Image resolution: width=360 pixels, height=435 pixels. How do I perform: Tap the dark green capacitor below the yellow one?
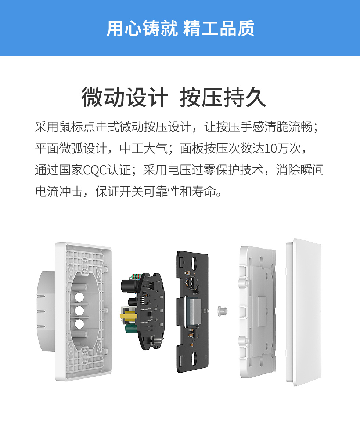130,328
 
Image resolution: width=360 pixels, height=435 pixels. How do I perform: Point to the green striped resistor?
136,276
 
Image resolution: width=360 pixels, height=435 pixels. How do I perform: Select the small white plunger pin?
222,311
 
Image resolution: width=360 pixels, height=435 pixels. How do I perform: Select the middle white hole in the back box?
79,310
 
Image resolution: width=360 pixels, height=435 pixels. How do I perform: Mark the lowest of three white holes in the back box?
79,324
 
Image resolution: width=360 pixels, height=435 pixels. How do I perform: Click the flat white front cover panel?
304,312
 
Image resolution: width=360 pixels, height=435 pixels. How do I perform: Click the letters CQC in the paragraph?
95,170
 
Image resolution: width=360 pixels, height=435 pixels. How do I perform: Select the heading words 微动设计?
125,97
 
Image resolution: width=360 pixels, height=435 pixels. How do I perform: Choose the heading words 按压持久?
223,97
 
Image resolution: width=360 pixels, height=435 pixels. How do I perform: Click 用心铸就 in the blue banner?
142,28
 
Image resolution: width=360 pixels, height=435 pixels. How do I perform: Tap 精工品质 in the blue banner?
219,28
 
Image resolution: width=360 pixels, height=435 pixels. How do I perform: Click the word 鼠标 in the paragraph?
71,127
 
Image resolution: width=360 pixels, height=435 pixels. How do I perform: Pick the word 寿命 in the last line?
204,191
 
